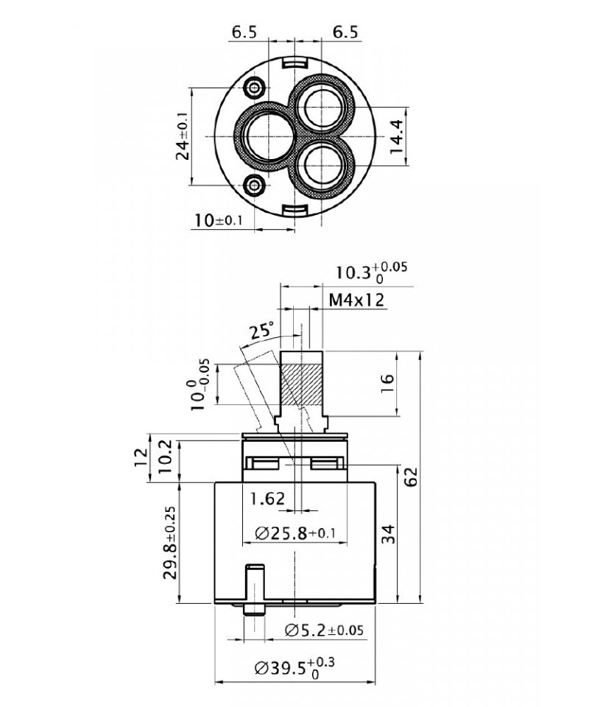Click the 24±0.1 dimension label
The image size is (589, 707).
tap(183, 137)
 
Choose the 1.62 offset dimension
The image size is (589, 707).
tap(267, 499)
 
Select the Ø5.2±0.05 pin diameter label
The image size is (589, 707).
tap(324, 630)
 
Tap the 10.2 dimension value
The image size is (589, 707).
tap(167, 457)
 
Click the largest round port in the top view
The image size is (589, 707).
tap(264, 138)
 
